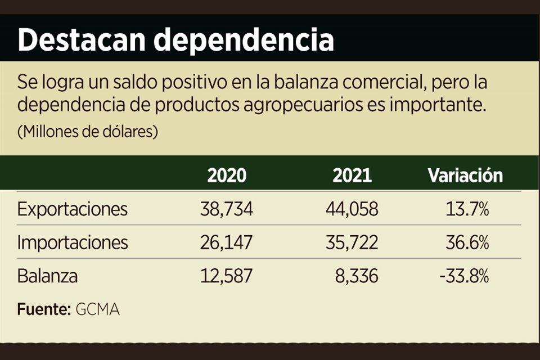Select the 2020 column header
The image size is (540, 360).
(x=227, y=175)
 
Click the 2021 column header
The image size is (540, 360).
(x=352, y=175)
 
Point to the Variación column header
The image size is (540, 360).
(x=465, y=175)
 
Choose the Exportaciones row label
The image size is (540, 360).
(x=73, y=210)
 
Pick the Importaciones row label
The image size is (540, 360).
(x=73, y=243)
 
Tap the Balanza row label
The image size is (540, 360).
(x=47, y=277)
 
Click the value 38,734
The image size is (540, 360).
(x=227, y=210)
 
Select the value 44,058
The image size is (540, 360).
(x=352, y=210)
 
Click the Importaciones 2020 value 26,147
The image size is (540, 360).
(x=227, y=243)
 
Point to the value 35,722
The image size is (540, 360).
(x=352, y=243)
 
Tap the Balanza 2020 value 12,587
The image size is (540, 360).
(x=227, y=277)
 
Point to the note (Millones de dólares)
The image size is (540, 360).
(x=88, y=133)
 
